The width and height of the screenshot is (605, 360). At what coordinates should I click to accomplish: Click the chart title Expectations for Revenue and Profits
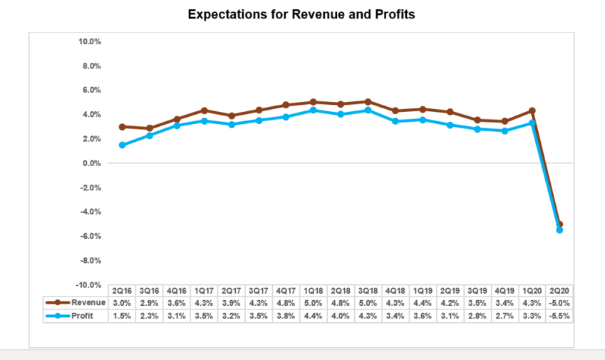pyautogui.click(x=301, y=14)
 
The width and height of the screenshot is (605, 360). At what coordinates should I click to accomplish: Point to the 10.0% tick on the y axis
pyautogui.click(x=90, y=41)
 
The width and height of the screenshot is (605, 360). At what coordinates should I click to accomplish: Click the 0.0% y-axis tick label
pyautogui.click(x=92, y=163)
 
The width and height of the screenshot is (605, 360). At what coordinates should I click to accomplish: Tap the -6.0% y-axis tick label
pyautogui.click(x=90, y=236)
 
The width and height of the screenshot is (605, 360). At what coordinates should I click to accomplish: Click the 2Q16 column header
pyautogui.click(x=122, y=291)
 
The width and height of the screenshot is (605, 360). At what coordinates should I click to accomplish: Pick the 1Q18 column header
pyautogui.click(x=314, y=291)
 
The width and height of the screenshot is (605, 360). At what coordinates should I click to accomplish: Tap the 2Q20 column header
pyautogui.click(x=560, y=291)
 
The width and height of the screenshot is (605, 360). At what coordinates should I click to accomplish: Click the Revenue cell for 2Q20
pyautogui.click(x=560, y=303)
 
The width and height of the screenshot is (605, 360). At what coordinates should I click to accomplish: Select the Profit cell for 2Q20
pyautogui.click(x=560, y=315)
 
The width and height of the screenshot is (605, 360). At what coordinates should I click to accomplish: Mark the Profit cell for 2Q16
pyautogui.click(x=122, y=315)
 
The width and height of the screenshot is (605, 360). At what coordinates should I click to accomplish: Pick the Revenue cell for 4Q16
pyautogui.click(x=177, y=303)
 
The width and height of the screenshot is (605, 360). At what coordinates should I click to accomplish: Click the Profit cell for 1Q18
pyautogui.click(x=314, y=315)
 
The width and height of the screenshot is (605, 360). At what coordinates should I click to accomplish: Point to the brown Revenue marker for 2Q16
pyautogui.click(x=123, y=127)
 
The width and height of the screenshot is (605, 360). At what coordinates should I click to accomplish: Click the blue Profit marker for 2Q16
pyautogui.click(x=123, y=145)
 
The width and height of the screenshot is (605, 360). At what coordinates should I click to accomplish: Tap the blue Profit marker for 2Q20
pyautogui.click(x=559, y=230)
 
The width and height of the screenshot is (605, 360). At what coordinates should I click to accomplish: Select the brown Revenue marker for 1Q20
pyautogui.click(x=532, y=111)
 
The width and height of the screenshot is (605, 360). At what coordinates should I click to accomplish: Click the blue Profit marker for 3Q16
pyautogui.click(x=150, y=135)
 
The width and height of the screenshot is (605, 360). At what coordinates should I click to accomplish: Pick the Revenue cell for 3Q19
pyautogui.click(x=477, y=303)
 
